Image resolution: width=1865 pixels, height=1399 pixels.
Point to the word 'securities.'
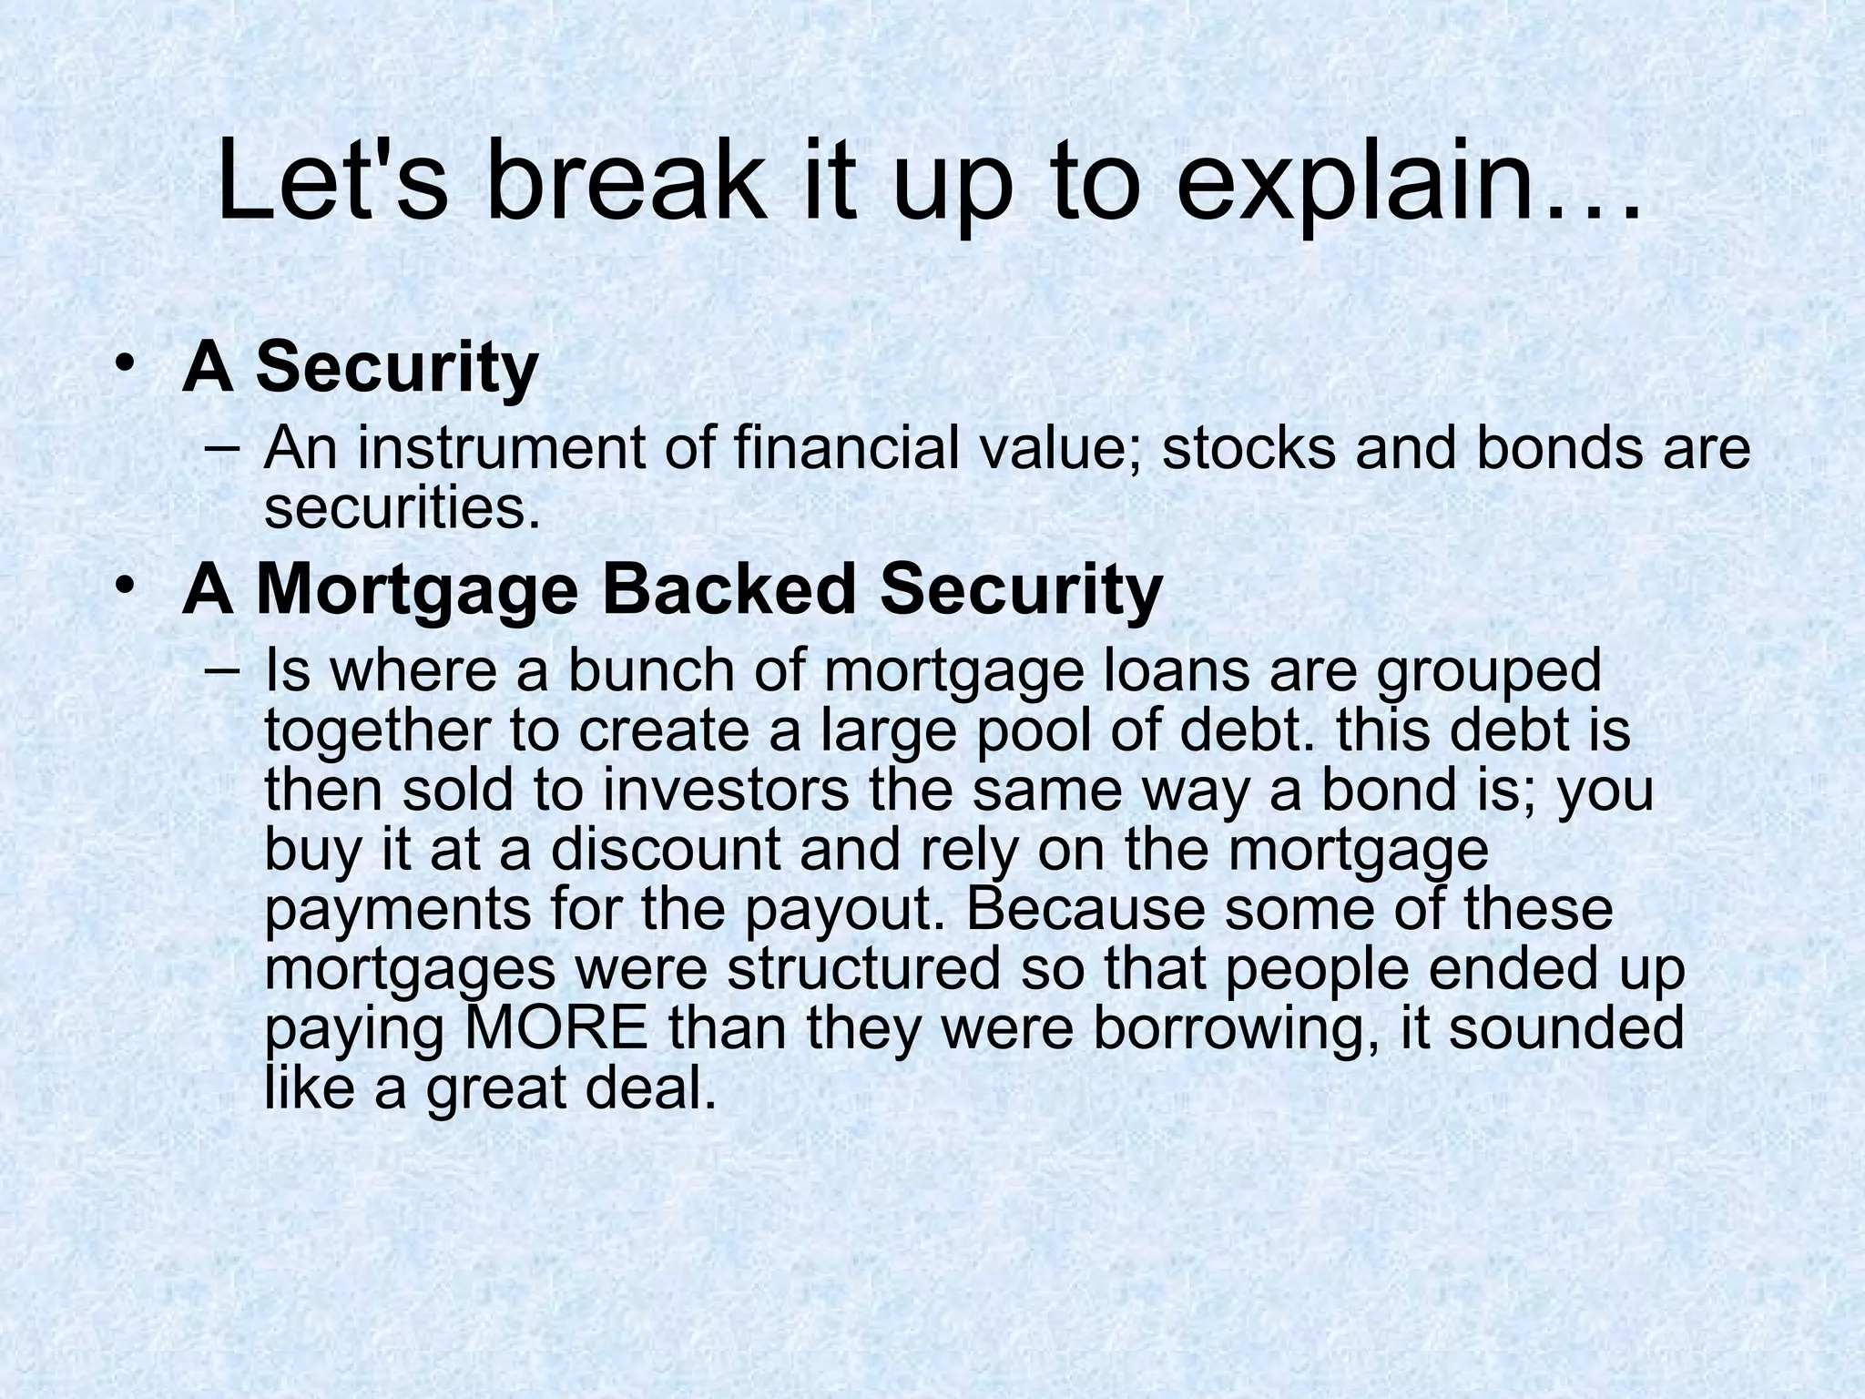[402, 507]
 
